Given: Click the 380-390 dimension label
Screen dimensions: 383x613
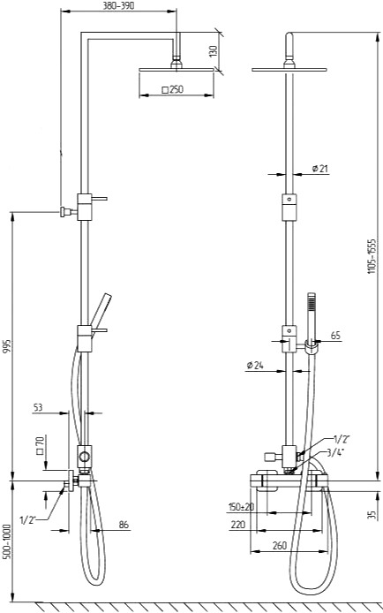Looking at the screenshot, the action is (118, 6).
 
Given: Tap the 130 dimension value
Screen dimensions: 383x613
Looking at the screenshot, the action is (213, 51).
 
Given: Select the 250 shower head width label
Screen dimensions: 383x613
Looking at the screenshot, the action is (172, 89).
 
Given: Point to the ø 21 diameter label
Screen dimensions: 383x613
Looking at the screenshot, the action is (320, 169).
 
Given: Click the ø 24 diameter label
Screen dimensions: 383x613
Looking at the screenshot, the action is (255, 365).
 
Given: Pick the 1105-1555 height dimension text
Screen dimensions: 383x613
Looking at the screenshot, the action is (372, 255).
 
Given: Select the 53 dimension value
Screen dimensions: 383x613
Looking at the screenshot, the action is (37, 407).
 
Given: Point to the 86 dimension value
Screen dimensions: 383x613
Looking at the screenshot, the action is (124, 525).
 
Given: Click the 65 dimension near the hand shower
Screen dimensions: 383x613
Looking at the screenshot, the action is (335, 335).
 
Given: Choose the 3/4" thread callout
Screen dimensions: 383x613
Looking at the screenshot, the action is (335, 453).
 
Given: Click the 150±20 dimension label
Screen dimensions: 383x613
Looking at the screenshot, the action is (241, 507).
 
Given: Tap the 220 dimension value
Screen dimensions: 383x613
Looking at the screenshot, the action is (238, 525).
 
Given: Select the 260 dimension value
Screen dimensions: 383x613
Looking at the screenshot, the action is (280, 545).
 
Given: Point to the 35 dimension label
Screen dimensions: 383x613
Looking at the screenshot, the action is (373, 514).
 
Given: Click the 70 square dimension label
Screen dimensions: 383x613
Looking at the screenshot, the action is (40, 445).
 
